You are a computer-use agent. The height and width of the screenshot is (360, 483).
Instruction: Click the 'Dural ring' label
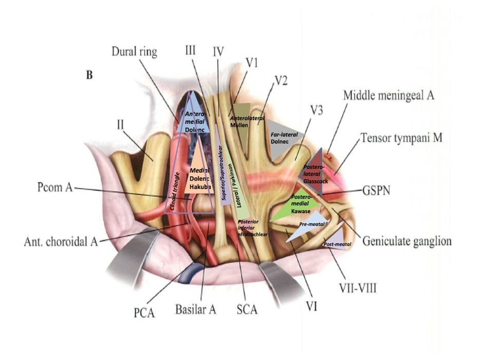click(x=135, y=52)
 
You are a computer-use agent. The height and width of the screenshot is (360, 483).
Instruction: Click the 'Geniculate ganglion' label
click(x=407, y=240)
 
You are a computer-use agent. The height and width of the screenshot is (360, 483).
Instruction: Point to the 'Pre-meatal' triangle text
click(x=310, y=225)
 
